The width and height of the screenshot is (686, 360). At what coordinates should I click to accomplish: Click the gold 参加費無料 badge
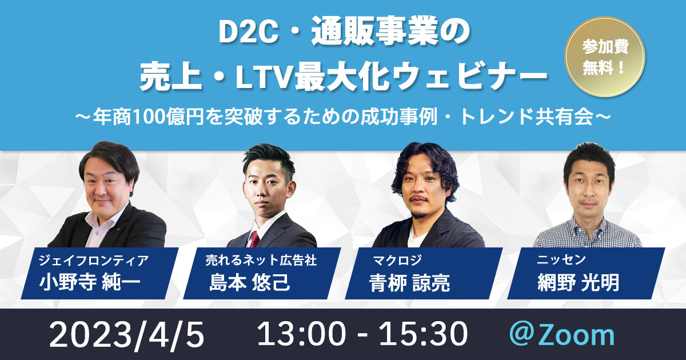pyautogui.click(x=605, y=57)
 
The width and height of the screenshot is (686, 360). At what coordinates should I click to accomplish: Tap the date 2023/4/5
pyautogui.click(x=126, y=335)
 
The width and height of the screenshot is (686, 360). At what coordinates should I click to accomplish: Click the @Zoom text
pyautogui.click(x=562, y=335)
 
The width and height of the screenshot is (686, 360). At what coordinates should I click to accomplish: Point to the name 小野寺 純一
pyautogui.click(x=90, y=282)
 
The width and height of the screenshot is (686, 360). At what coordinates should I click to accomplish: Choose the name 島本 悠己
pyautogui.click(x=249, y=282)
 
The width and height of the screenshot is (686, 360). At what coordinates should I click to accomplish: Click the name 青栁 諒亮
pyautogui.click(x=409, y=282)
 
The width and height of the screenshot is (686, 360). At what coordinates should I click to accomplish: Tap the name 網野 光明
pyautogui.click(x=578, y=282)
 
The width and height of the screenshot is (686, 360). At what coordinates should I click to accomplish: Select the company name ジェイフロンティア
pyautogui.click(x=93, y=261)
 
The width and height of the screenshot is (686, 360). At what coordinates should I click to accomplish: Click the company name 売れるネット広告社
pyautogui.click(x=261, y=261)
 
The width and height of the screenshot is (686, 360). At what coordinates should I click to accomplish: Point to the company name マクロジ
pyautogui.click(x=397, y=261)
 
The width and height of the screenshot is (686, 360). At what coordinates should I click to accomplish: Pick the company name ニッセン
pyautogui.click(x=561, y=260)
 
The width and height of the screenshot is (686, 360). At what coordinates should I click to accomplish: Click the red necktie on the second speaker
pyautogui.click(x=255, y=239)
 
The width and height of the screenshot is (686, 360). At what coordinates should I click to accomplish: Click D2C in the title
pyautogui.click(x=248, y=34)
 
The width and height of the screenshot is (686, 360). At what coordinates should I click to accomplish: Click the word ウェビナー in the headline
pyautogui.click(x=470, y=79)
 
